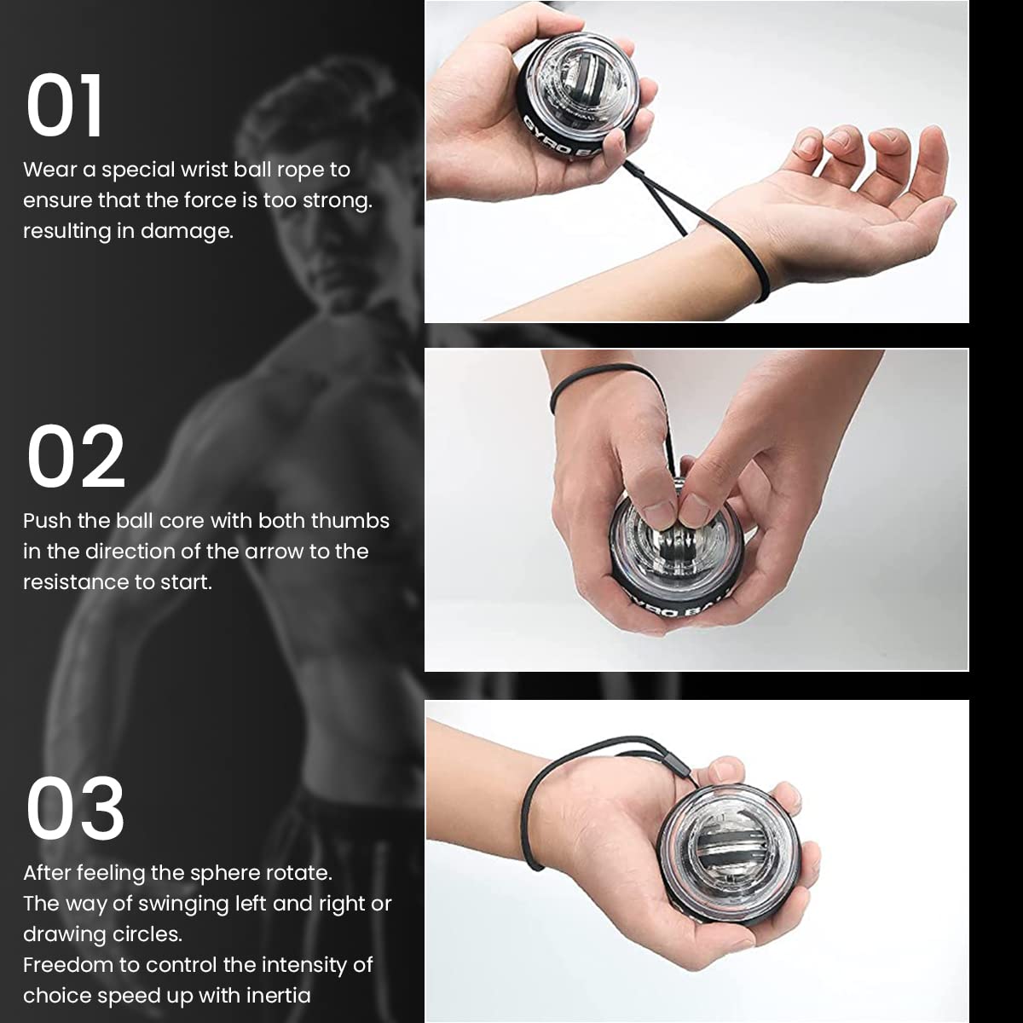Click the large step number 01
tap(65, 106)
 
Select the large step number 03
tap(76, 809)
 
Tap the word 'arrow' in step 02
tap(275, 552)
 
